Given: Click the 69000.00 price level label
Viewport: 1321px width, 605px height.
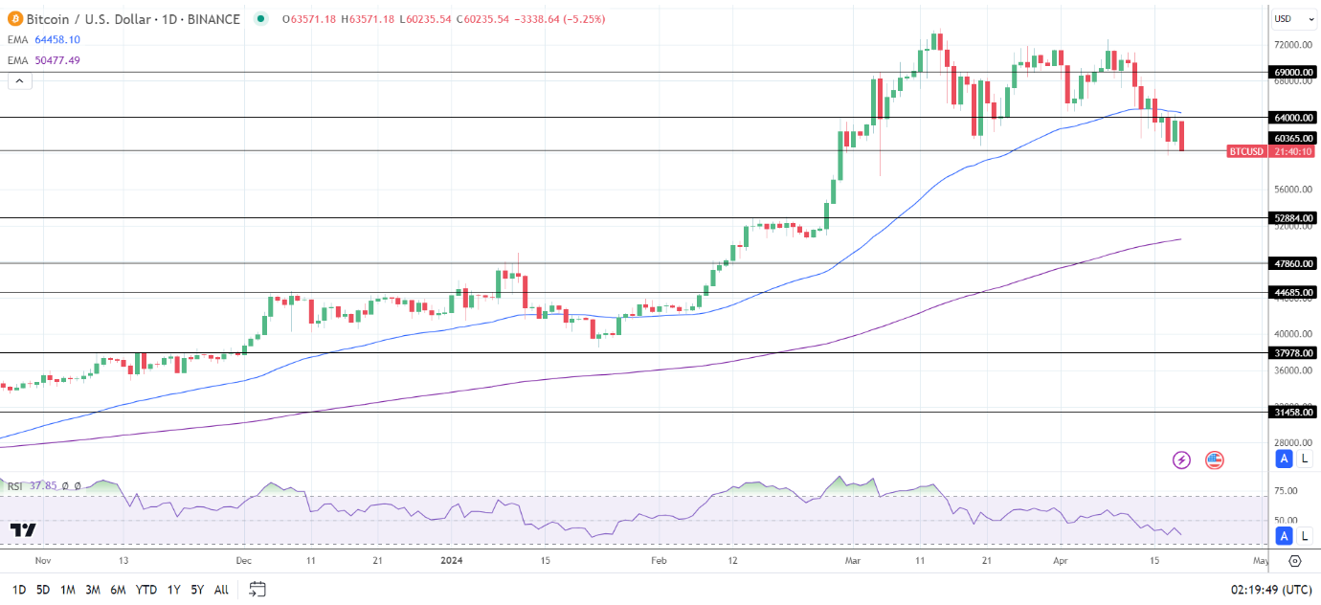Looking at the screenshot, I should coord(1293,72).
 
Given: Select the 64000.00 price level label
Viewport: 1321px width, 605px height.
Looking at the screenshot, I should coord(1293,118).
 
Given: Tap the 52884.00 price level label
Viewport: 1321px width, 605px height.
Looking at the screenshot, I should coord(1293,218).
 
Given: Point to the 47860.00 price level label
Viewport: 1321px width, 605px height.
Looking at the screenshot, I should coord(1293,263).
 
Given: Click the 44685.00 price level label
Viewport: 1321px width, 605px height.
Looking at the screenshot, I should coord(1293,293).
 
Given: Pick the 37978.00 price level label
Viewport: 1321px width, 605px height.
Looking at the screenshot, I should coord(1293,353).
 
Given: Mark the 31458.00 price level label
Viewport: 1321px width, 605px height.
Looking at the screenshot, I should coord(1293,413).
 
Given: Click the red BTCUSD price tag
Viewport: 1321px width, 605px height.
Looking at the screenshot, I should coord(1246,151).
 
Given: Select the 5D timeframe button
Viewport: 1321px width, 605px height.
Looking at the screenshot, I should coord(43,590).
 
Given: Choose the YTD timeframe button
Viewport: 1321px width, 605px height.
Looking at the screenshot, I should coord(146,590).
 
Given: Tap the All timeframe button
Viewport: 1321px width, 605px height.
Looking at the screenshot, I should coord(221,590).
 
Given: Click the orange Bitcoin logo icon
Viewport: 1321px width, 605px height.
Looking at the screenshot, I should coord(15,19).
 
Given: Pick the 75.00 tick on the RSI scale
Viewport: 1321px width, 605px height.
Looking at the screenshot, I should coord(1286,491).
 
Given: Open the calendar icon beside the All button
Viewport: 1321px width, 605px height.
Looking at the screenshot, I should coord(257,589).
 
